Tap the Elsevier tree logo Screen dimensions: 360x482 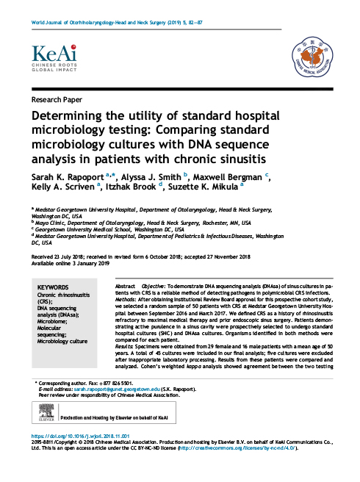tap(42, 417)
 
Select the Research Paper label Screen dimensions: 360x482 tap(56, 98)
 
